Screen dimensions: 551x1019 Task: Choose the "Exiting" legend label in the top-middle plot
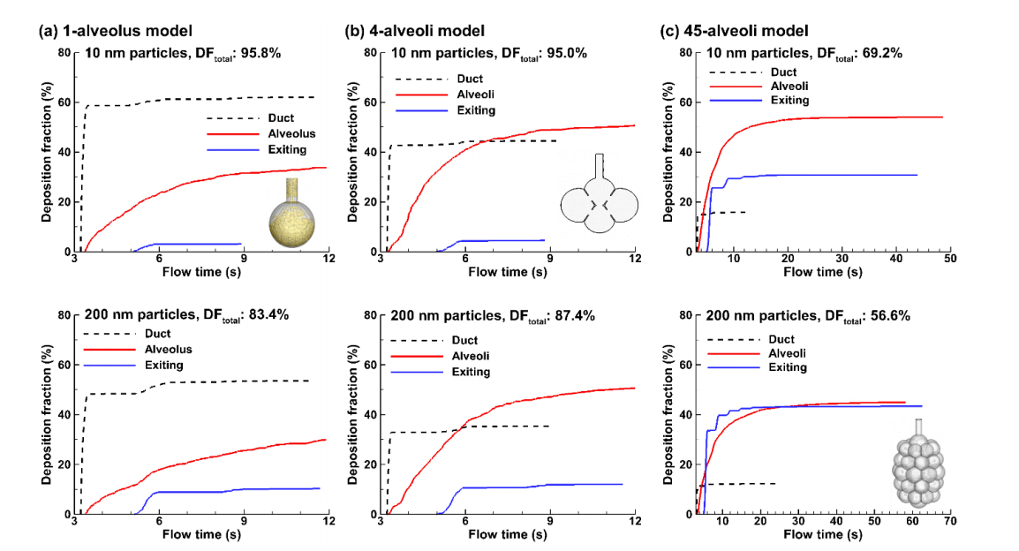476,110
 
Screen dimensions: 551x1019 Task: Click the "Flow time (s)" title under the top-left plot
200,272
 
